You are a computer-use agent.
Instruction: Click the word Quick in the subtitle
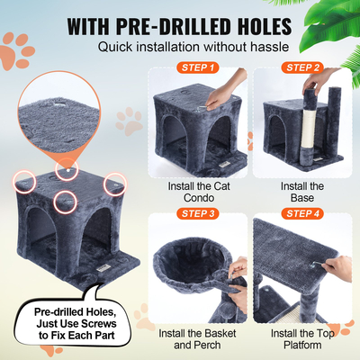click(120, 47)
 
